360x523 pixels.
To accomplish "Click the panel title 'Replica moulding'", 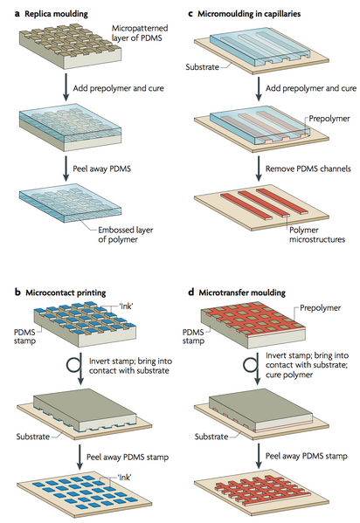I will pos(53,9).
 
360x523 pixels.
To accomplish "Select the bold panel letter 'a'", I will pos(7,9).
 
